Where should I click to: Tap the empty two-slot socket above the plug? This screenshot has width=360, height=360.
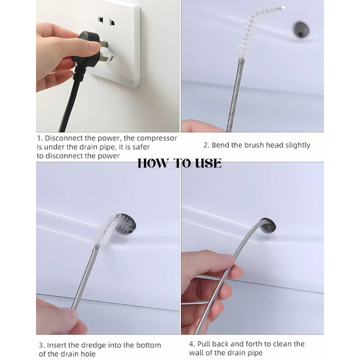107,22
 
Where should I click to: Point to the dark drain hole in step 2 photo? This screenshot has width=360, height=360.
301,29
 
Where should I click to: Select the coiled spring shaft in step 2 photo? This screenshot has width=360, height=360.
235,95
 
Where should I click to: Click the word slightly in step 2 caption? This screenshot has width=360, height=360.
298,145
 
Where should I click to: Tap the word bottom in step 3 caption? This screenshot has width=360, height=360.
149,345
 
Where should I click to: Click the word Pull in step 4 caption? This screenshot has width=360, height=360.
205,344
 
